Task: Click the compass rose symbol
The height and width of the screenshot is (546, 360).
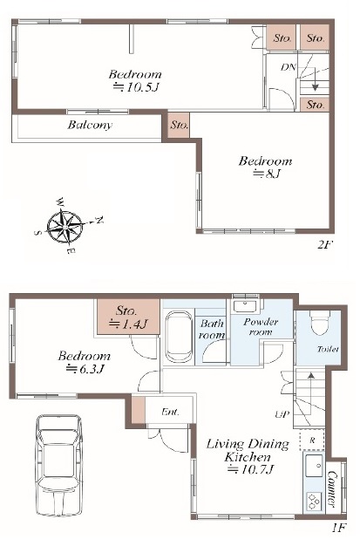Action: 65,227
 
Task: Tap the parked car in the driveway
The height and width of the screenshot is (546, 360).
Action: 59,466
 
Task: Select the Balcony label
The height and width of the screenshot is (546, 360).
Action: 90,125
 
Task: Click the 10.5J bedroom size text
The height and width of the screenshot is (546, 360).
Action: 136,87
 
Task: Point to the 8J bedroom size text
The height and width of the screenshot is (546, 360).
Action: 267,174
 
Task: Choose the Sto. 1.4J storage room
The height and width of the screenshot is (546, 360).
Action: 128,317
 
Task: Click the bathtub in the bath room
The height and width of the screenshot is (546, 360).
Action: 179,337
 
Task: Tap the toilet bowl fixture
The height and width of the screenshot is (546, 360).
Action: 320,323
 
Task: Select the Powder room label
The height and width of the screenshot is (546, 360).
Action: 261,326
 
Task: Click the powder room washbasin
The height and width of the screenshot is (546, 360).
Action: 245,306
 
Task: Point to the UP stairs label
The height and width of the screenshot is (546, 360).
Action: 282,414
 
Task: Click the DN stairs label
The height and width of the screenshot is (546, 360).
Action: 289,67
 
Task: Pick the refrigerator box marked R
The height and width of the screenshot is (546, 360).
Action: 312,440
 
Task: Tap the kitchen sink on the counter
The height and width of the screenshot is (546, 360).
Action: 315,466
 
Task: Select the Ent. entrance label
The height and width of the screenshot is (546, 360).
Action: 170,413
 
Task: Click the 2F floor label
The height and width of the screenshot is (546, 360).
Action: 325,245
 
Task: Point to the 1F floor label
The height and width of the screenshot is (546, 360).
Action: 338,528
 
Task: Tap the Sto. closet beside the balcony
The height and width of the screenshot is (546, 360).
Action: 179,125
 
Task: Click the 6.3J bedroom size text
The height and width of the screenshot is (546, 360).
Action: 85,369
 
